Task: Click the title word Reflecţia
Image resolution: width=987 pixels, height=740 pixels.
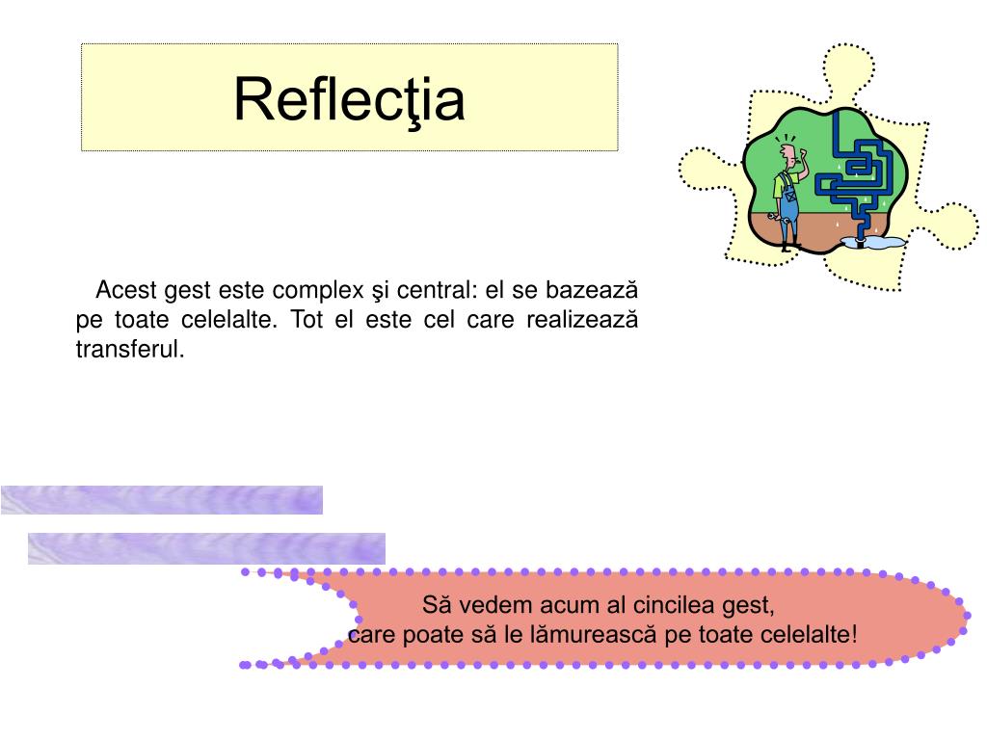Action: click(x=349, y=99)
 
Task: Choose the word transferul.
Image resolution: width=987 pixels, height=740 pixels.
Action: click(x=129, y=349)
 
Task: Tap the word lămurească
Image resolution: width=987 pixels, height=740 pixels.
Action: click(x=574, y=635)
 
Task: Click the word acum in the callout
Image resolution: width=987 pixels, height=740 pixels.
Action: click(x=555, y=606)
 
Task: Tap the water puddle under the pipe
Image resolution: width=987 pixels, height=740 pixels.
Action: click(x=882, y=242)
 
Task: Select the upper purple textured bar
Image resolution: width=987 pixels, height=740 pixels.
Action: click(x=161, y=500)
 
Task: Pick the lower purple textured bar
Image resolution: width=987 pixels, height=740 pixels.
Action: click(x=206, y=548)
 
